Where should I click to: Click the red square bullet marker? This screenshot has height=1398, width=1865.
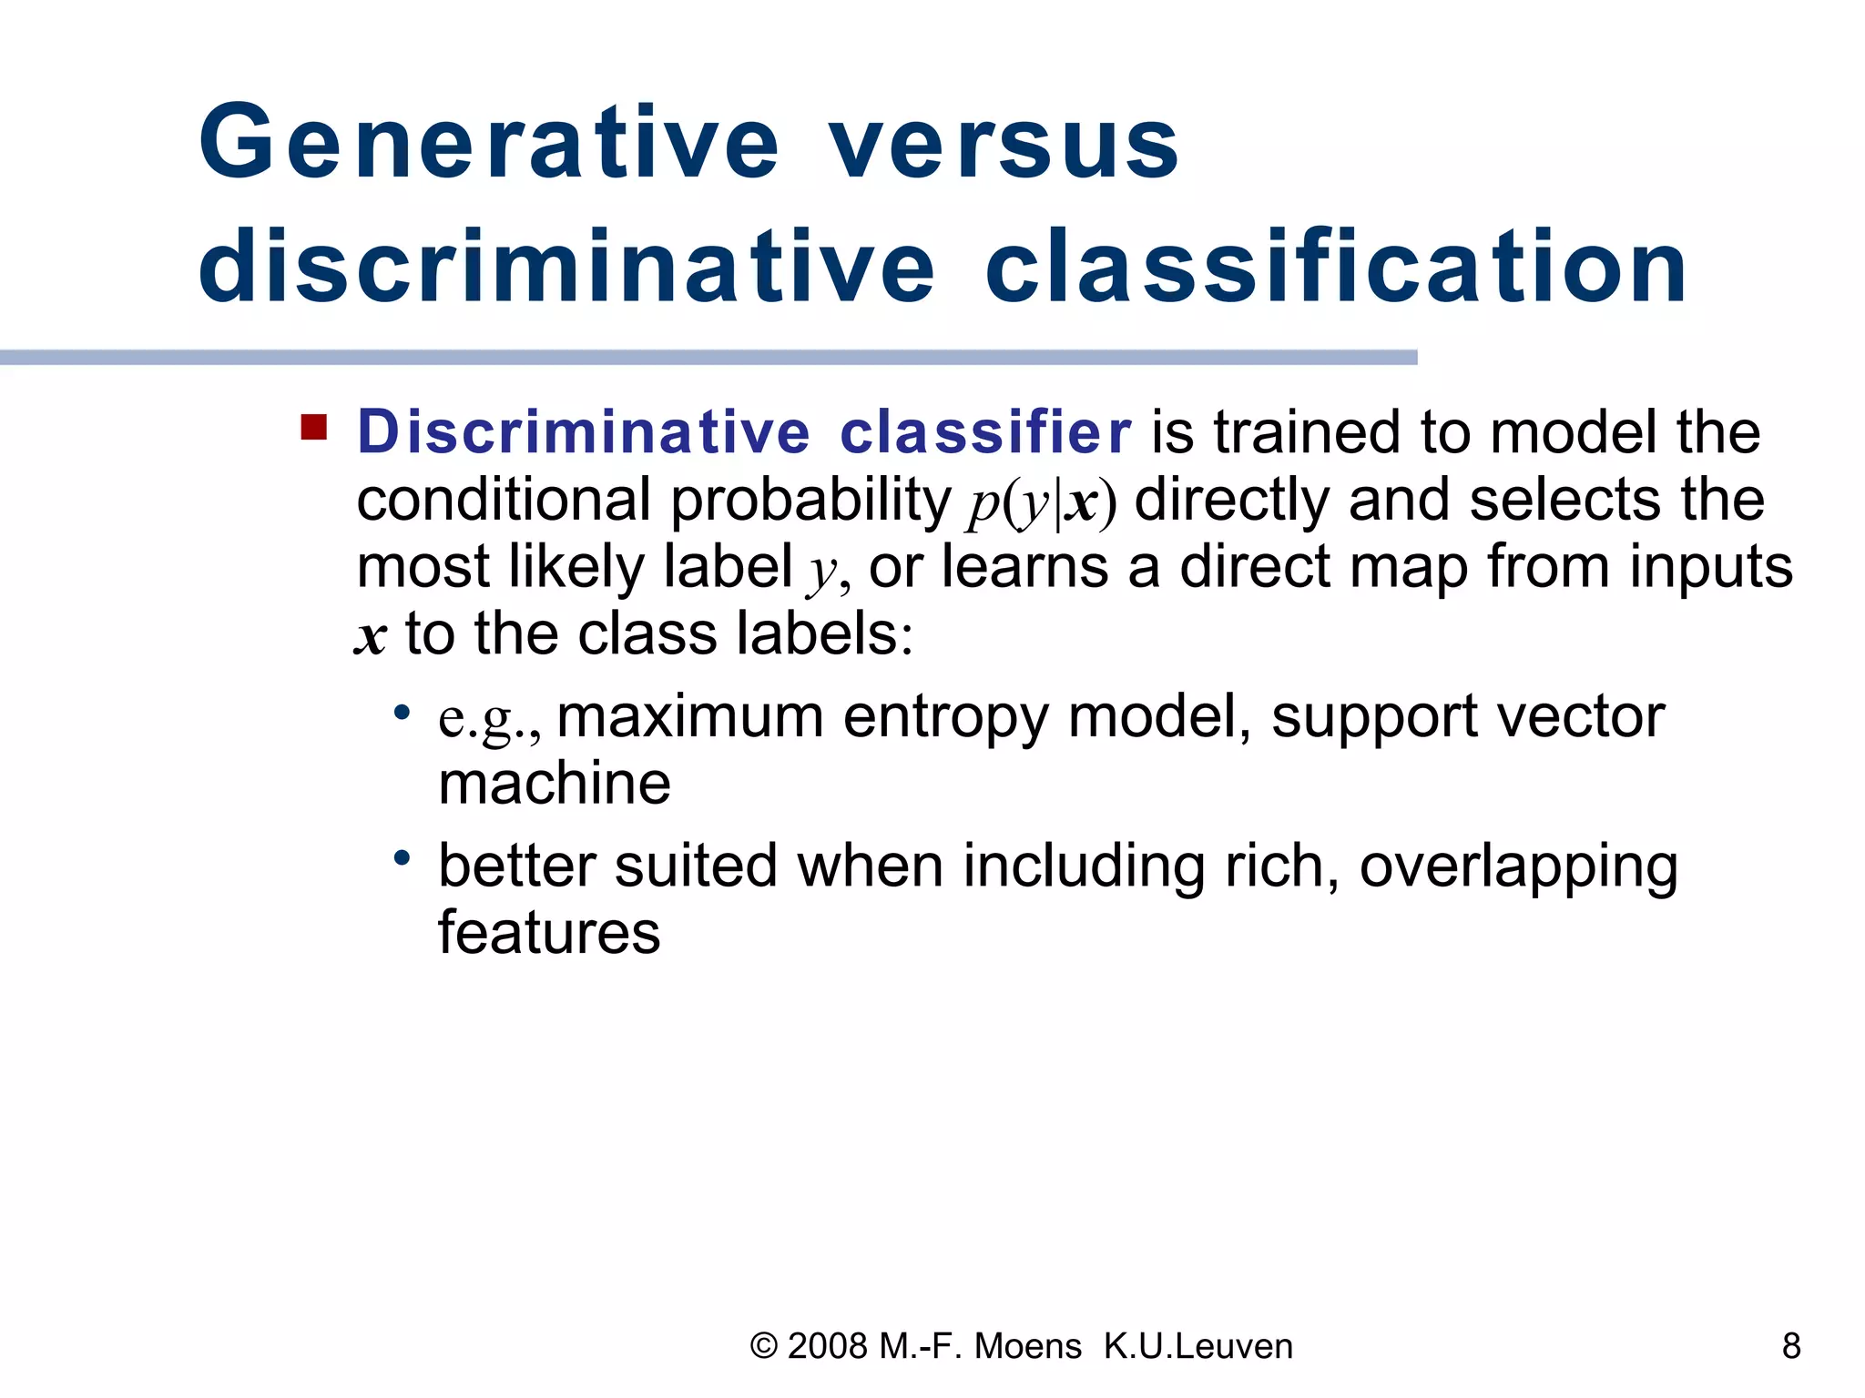(x=313, y=427)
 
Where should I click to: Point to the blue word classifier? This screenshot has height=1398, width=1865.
(x=984, y=431)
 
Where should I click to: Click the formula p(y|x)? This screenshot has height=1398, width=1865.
(x=1041, y=501)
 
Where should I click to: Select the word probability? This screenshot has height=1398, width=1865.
(x=810, y=501)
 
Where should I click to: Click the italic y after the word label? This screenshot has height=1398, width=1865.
(x=823, y=571)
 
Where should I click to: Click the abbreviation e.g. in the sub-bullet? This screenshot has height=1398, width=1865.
(x=488, y=719)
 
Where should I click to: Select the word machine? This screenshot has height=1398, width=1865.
(x=554, y=785)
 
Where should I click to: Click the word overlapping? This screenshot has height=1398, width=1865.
(x=1518, y=866)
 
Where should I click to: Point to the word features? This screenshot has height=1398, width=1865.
(x=549, y=933)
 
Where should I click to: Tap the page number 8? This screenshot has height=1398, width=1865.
(x=1790, y=1345)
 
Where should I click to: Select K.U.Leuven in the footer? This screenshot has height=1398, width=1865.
(x=1197, y=1346)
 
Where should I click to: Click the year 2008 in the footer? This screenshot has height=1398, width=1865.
(x=827, y=1346)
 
